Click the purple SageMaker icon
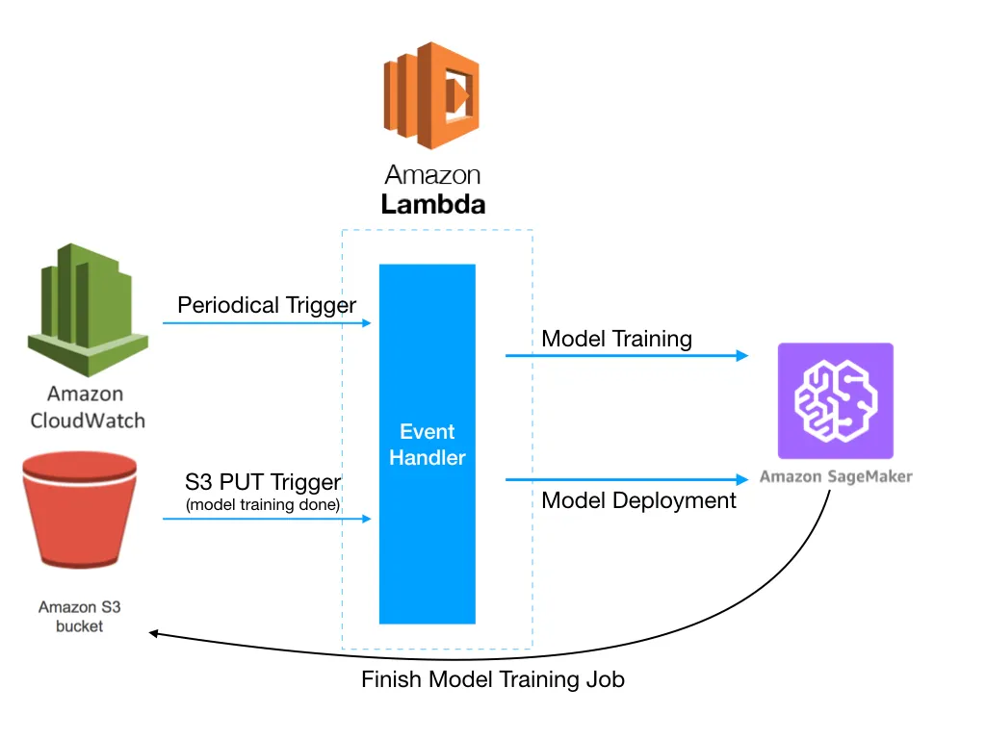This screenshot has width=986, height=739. pyautogui.click(x=835, y=400)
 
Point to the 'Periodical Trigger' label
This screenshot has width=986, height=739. pyautogui.click(x=267, y=306)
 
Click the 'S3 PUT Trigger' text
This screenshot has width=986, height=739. pyautogui.click(x=263, y=480)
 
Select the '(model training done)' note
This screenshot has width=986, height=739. pyautogui.click(x=263, y=504)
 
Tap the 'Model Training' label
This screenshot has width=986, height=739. pyautogui.click(x=616, y=339)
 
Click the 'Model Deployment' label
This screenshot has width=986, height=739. pyautogui.click(x=638, y=500)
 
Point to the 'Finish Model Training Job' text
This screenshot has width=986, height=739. pyautogui.click(x=493, y=679)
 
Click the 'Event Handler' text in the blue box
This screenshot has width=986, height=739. pyautogui.click(x=428, y=445)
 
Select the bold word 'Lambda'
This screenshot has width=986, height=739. pyautogui.click(x=432, y=205)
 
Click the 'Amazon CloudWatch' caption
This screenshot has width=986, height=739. pyautogui.click(x=88, y=407)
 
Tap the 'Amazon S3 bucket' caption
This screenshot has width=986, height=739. pyautogui.click(x=80, y=616)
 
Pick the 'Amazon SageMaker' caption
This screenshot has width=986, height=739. pyautogui.click(x=835, y=476)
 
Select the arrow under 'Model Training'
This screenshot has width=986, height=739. pyautogui.click(x=626, y=356)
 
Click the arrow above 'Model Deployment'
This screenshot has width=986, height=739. pyautogui.click(x=626, y=479)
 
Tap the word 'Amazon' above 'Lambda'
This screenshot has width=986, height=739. pyautogui.click(x=432, y=175)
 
